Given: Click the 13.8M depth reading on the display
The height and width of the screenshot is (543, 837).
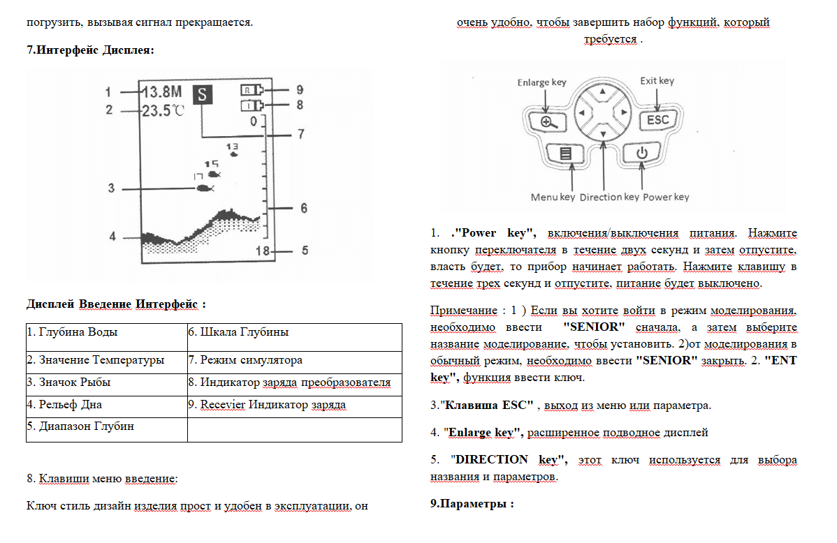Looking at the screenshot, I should click(x=163, y=92).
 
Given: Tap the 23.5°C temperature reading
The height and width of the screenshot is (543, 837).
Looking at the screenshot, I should click(x=163, y=110).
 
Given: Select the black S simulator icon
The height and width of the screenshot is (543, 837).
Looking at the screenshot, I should click(x=203, y=94).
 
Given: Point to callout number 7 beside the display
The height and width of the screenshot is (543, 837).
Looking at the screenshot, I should click(x=300, y=134).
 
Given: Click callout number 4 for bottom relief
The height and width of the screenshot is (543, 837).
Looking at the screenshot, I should click(x=112, y=237).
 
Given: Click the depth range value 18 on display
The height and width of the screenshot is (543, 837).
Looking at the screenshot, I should click(x=263, y=251).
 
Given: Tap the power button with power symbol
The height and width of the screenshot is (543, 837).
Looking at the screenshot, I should click(x=642, y=153).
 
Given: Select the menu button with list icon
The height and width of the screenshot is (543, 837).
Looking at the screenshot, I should click(x=565, y=153).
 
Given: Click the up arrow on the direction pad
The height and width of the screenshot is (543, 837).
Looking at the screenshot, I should click(x=602, y=92).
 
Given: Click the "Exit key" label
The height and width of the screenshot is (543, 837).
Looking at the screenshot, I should click(x=657, y=81).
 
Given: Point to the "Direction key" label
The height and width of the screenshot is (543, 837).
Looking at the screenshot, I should click(x=609, y=197).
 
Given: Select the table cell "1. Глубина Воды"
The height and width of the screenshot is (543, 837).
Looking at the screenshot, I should click(x=107, y=332).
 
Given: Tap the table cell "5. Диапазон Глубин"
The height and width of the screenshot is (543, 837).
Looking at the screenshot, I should click(x=107, y=426).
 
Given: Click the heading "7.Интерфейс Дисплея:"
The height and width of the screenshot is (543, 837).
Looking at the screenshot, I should click(x=90, y=50).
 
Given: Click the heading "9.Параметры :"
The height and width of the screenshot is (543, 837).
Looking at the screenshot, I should click(x=472, y=503).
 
